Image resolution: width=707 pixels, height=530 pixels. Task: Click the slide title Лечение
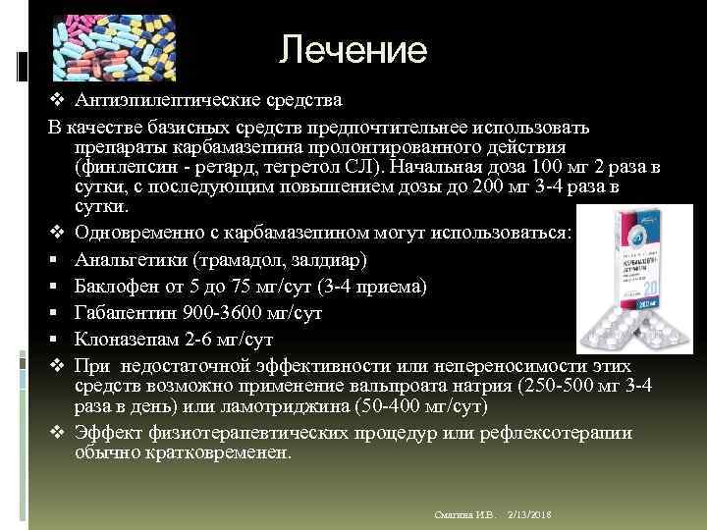click(353, 50)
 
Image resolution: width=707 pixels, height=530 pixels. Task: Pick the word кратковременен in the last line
click(205, 453)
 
